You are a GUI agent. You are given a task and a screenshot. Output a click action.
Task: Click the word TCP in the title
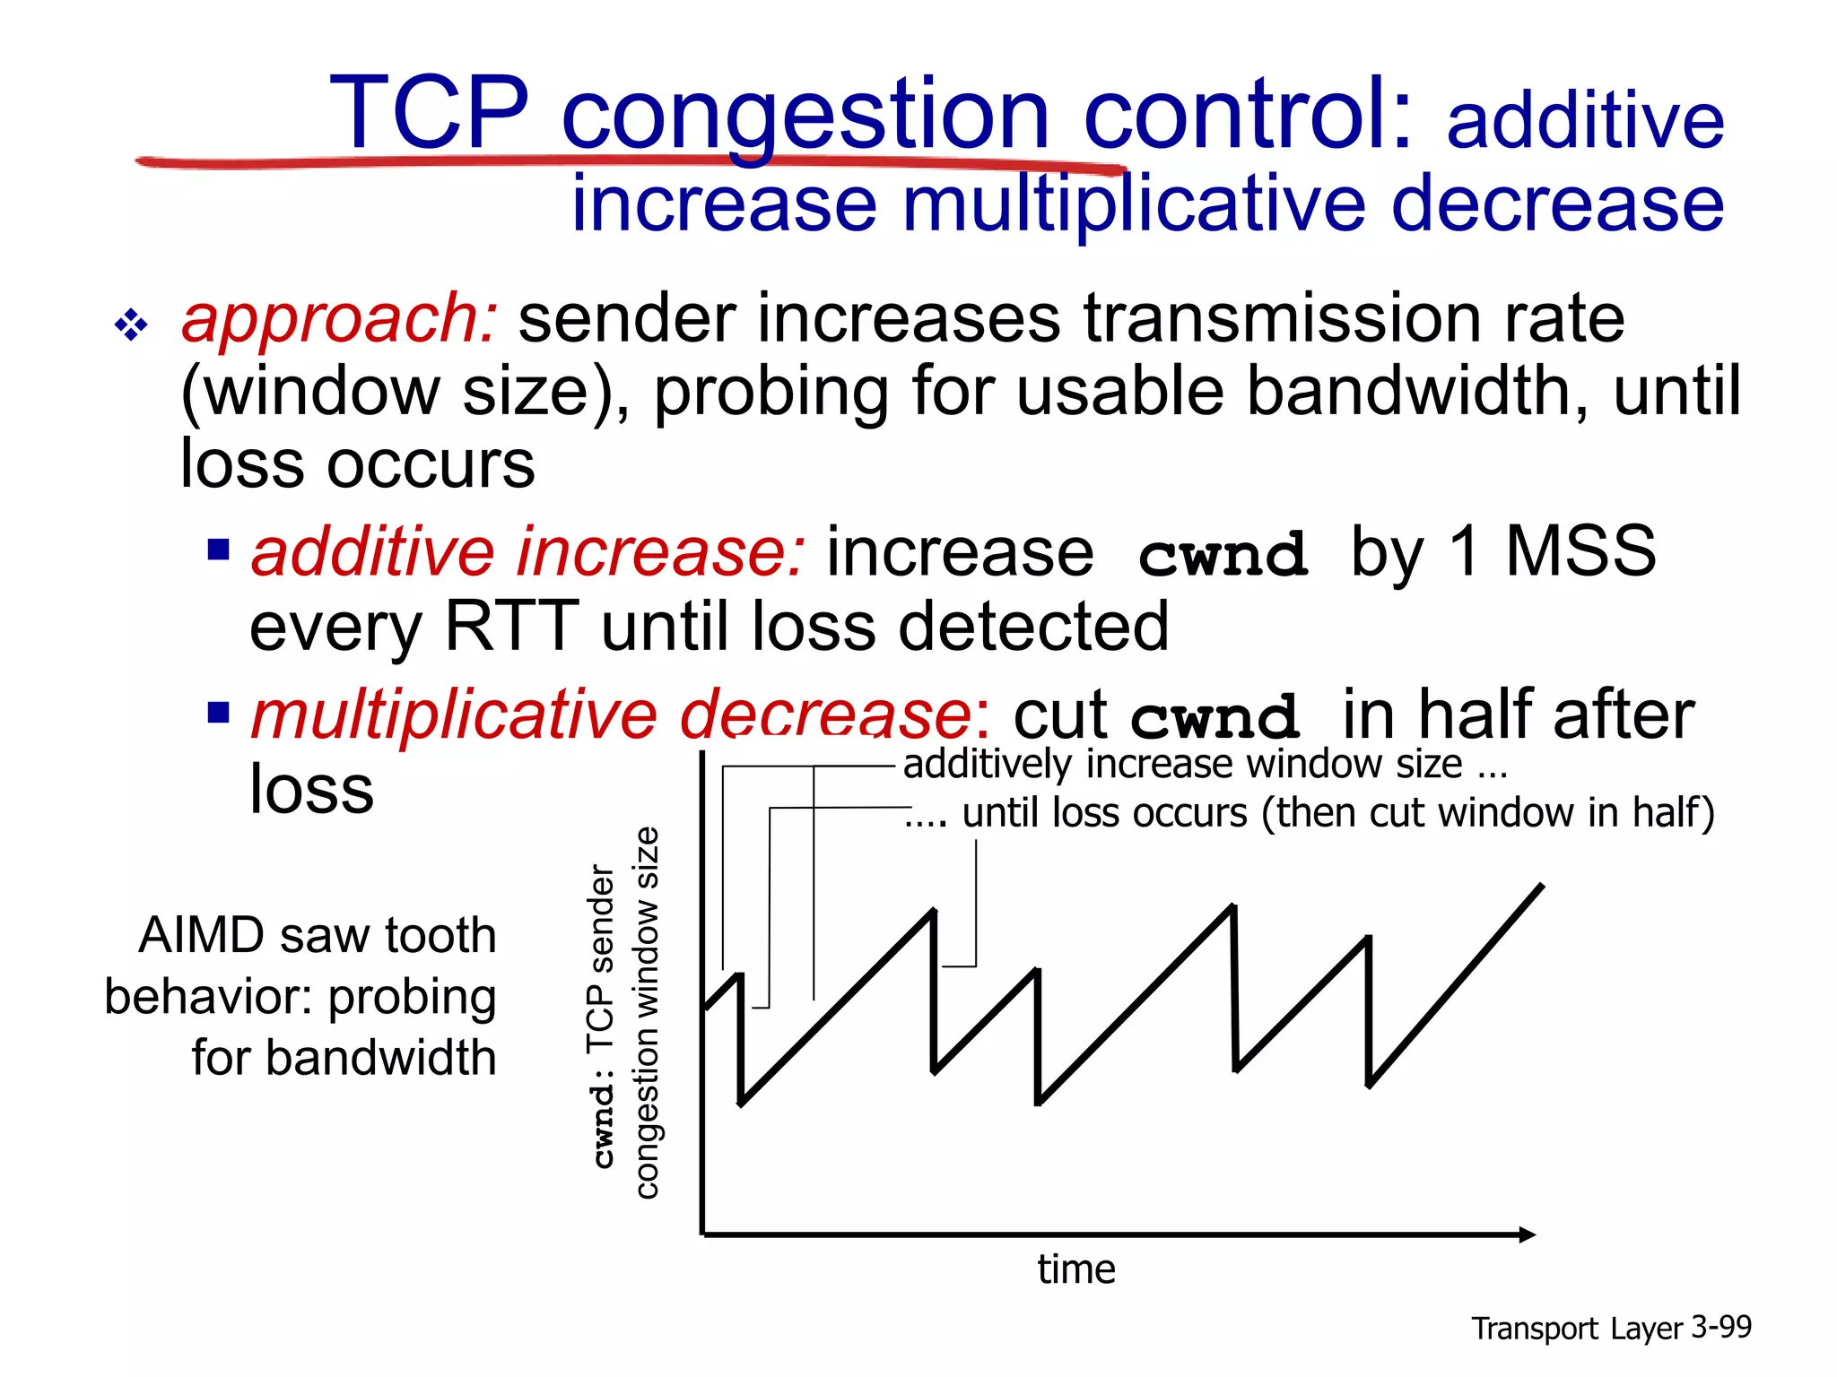[x=429, y=114]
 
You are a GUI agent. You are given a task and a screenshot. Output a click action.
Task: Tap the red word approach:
[x=339, y=319]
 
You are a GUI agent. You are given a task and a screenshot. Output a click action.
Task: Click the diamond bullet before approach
[x=131, y=325]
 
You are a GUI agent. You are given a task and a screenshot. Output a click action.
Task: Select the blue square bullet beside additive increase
[x=218, y=549]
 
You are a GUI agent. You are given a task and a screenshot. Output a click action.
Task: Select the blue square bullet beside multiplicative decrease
[x=218, y=713]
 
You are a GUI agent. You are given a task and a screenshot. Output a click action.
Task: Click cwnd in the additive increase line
[x=1222, y=555]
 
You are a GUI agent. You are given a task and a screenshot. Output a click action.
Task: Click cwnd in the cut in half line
[x=1215, y=717]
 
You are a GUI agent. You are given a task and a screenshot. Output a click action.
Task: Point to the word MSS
[x=1580, y=551]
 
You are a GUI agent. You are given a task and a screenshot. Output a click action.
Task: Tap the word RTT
[x=511, y=626]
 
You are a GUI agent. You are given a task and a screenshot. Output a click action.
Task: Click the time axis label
[x=1076, y=1269]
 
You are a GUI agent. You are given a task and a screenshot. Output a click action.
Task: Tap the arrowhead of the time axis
[x=1528, y=1234]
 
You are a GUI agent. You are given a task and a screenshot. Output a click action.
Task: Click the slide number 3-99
[x=1721, y=1327]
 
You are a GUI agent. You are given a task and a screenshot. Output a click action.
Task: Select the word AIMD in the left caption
[x=202, y=935]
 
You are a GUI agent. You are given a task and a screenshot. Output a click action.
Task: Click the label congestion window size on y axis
[x=647, y=1013]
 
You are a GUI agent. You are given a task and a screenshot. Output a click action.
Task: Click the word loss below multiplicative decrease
[x=311, y=789]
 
